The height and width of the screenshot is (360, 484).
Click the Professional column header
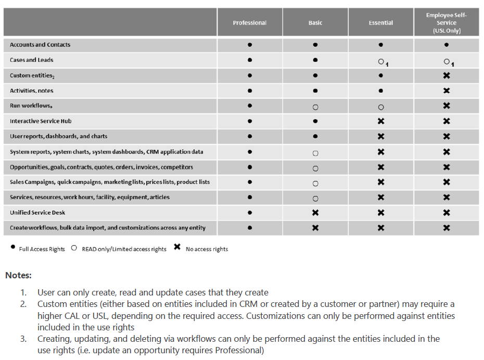click(x=250, y=23)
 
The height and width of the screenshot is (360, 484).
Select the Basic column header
click(x=315, y=23)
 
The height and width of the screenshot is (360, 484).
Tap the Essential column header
click(x=381, y=23)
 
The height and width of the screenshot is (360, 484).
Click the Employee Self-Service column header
click(x=447, y=23)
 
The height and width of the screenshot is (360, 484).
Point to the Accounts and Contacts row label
click(x=40, y=45)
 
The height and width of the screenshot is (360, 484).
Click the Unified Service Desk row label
click(x=37, y=213)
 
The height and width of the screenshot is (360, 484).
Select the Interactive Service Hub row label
click(x=41, y=121)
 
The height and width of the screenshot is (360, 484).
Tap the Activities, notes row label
click(x=31, y=91)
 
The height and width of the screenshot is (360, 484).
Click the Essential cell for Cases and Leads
click(x=381, y=61)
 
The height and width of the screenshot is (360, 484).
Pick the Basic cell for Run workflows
click(x=315, y=107)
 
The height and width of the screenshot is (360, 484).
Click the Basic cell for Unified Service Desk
click(x=315, y=213)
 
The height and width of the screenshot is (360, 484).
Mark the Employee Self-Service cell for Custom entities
click(x=447, y=75)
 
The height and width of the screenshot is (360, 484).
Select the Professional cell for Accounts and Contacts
click(x=250, y=45)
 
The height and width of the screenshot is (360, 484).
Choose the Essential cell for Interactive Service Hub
click(x=381, y=121)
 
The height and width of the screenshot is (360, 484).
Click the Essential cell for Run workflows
click(x=381, y=107)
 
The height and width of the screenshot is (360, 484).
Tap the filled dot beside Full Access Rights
click(x=12, y=248)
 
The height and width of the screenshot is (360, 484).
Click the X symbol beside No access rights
click(x=177, y=247)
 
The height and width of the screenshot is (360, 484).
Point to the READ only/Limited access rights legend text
click(x=124, y=249)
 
